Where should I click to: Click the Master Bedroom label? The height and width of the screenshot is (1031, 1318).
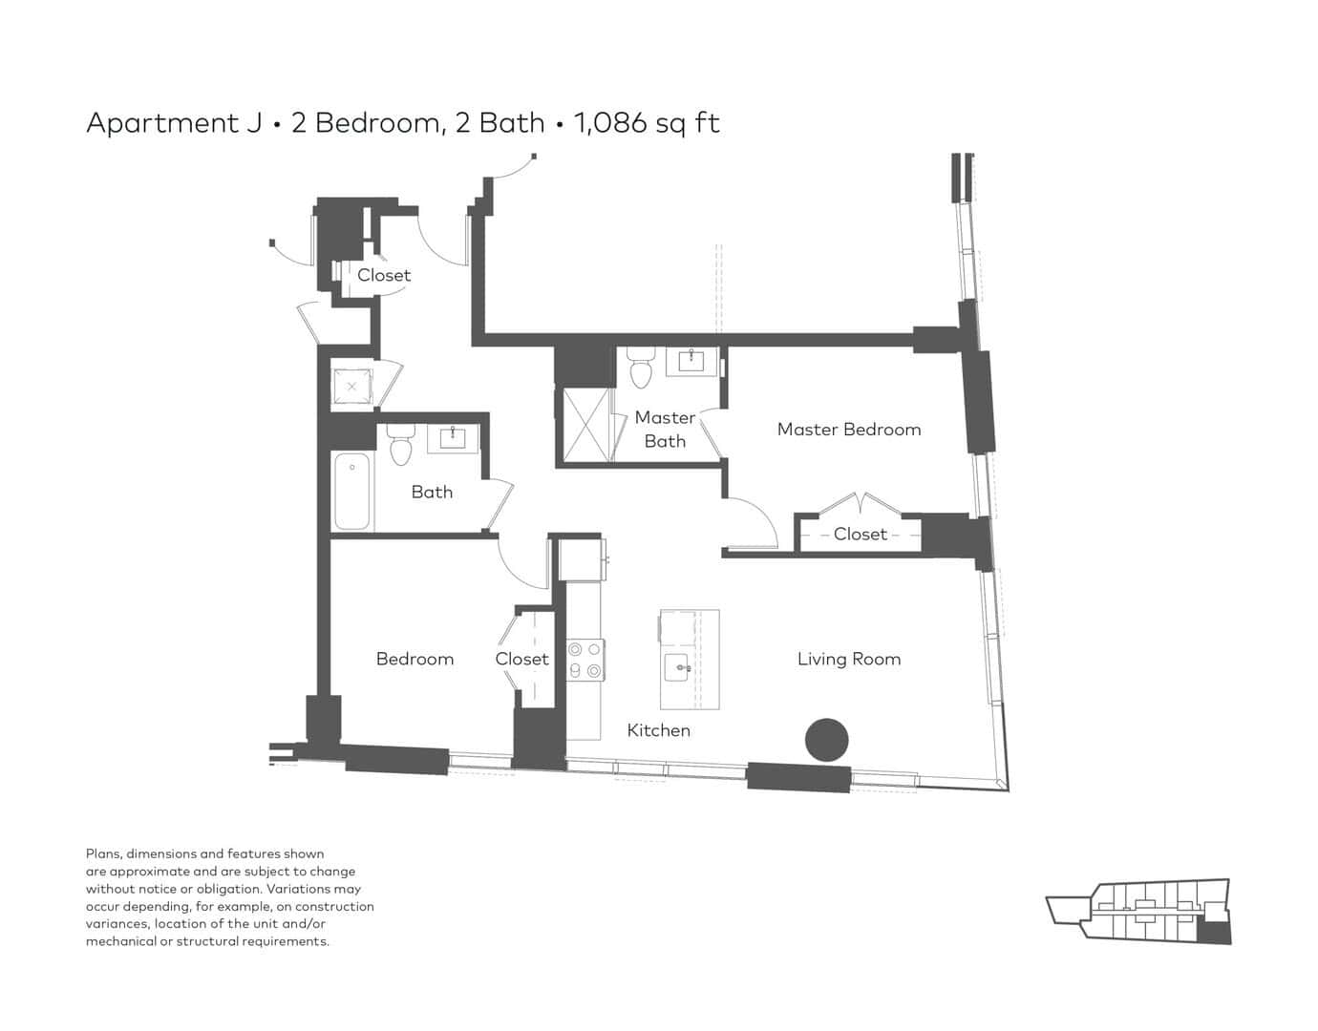click(x=848, y=430)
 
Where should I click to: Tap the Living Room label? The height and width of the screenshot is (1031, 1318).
click(x=848, y=660)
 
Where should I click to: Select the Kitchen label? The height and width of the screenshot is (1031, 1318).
click(x=658, y=730)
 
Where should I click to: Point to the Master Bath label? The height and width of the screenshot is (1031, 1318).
click(x=665, y=430)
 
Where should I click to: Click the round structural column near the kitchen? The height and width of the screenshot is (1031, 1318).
click(x=826, y=740)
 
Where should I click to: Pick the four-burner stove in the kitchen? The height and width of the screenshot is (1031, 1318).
click(x=585, y=660)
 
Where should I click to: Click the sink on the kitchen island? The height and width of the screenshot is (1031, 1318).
click(x=677, y=667)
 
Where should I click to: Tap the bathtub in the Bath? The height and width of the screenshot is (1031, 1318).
click(x=351, y=492)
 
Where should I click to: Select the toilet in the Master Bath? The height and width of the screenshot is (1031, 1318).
click(x=641, y=368)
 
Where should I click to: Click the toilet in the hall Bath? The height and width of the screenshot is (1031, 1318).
click(x=400, y=444)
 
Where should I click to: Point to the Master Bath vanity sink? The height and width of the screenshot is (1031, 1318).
click(x=691, y=361)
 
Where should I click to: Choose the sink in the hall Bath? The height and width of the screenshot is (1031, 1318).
click(x=453, y=437)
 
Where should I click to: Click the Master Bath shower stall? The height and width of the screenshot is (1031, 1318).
click(x=585, y=426)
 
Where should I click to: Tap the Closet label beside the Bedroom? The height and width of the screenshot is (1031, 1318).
click(x=521, y=660)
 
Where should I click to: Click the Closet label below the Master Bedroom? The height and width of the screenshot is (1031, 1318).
click(x=861, y=534)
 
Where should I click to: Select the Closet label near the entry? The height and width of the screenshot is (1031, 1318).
click(x=384, y=275)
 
